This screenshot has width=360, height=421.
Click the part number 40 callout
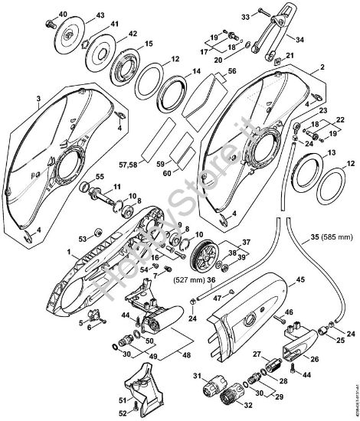(x=63, y=14)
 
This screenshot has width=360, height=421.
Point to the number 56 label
(x=231, y=69)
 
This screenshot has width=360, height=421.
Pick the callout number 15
(x=149, y=44)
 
